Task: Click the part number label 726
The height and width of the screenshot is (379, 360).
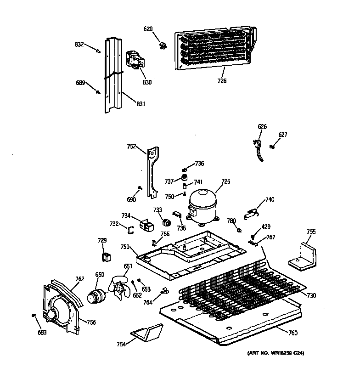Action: pyautogui.click(x=222, y=81)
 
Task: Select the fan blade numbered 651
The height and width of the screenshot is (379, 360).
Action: pyautogui.click(x=119, y=288)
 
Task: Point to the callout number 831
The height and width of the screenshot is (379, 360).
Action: pyautogui.click(x=141, y=104)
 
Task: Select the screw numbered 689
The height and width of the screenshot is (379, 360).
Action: pyautogui.click(x=98, y=92)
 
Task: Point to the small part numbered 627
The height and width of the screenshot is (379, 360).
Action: pyautogui.click(x=273, y=147)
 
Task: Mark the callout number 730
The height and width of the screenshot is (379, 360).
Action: pyautogui.click(x=312, y=295)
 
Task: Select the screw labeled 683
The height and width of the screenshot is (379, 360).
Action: pyautogui.click(x=34, y=315)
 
